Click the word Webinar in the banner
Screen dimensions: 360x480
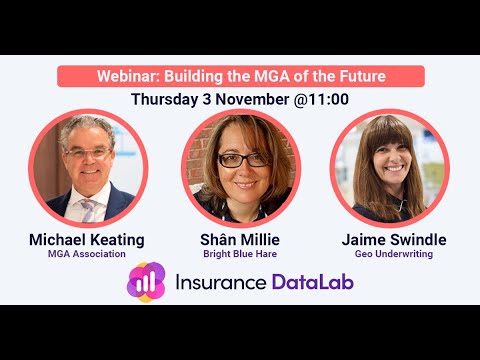[128, 77]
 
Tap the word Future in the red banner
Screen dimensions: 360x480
[357, 77]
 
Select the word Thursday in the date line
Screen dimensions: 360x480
[169, 99]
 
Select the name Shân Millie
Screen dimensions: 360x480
[241, 240]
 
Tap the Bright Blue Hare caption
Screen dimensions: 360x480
[241, 255]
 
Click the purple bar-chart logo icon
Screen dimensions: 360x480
[146, 282]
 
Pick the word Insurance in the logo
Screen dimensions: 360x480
[220, 282]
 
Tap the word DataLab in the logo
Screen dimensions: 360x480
[313, 282]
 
